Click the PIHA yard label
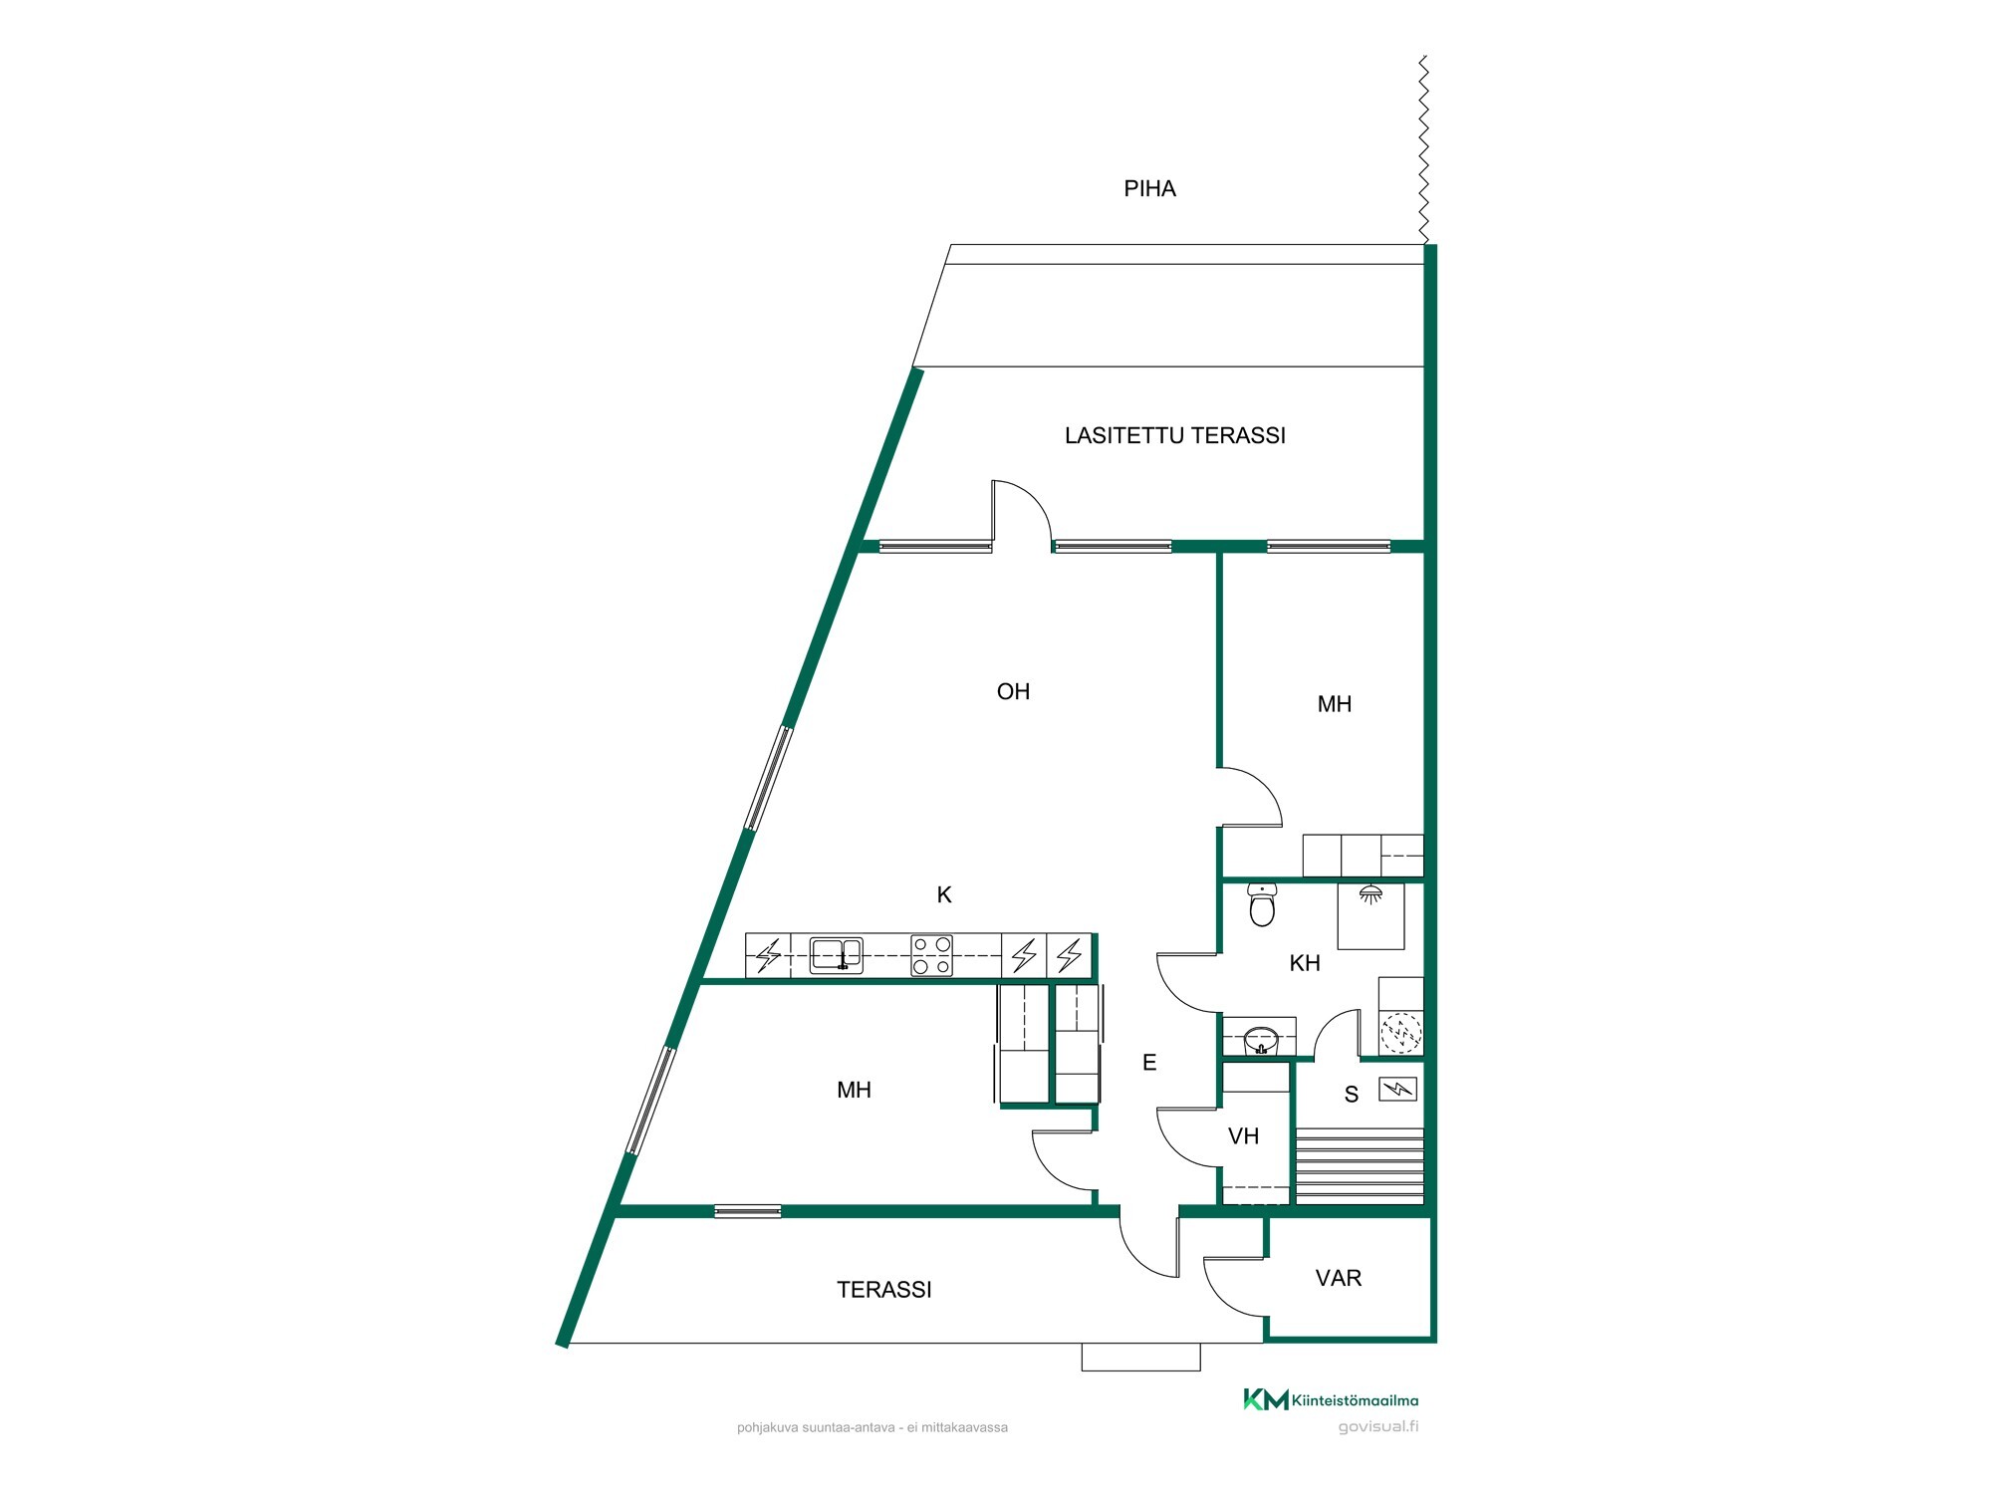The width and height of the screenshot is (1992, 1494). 1149,189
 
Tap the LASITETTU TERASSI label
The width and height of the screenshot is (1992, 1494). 1175,435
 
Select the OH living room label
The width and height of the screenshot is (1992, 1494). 1013,691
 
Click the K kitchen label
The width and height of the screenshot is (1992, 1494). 944,895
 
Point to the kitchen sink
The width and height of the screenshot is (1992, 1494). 836,955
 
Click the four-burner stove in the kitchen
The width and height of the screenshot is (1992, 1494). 931,955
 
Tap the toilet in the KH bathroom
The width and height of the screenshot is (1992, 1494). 1262,905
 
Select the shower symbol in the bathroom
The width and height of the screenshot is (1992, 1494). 1370,894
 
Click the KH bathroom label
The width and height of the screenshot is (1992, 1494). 1305,963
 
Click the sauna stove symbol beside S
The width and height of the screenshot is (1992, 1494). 1396,1090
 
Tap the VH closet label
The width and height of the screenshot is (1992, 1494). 1243,1136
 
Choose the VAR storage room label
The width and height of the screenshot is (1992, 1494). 1338,1278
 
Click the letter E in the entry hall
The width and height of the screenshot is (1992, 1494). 1149,1063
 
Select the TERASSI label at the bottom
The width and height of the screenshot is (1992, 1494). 883,1290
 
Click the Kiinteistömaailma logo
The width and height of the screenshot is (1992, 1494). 1331,1399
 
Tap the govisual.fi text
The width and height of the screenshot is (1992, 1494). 1378,1426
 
